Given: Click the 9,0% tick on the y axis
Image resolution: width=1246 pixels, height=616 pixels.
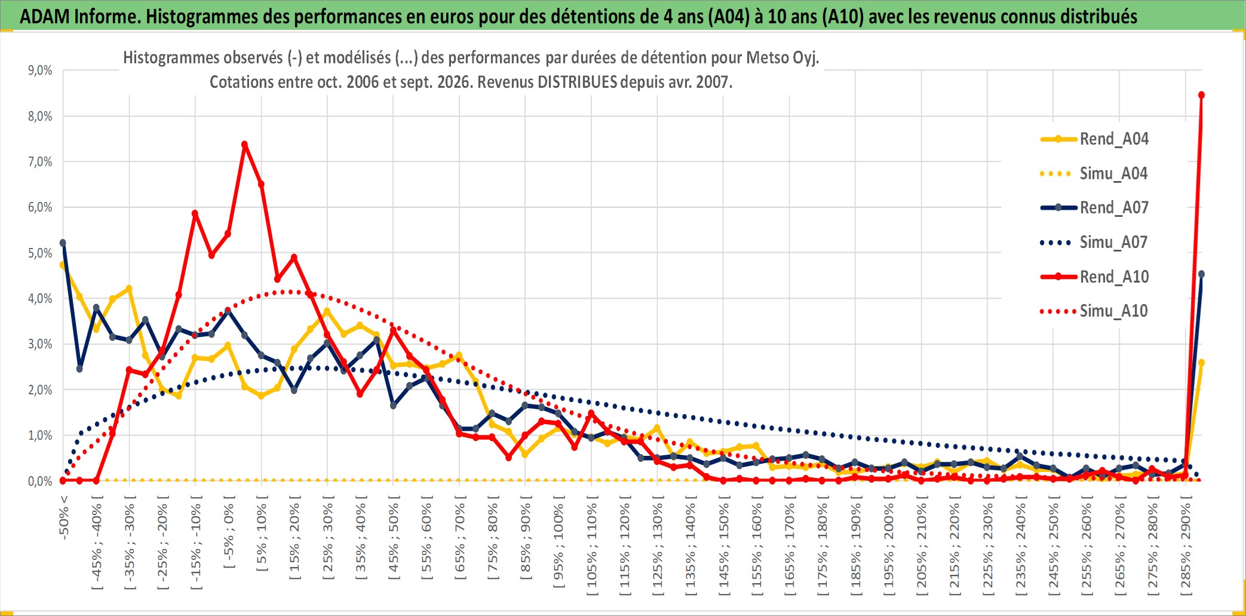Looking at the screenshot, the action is coord(40,71).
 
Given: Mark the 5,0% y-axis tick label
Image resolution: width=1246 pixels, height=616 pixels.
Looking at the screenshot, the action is coord(40,253).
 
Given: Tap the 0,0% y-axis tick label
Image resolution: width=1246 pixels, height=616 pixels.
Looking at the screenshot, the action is coord(40,481).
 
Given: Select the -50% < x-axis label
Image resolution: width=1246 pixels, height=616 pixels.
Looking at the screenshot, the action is coord(64,517).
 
